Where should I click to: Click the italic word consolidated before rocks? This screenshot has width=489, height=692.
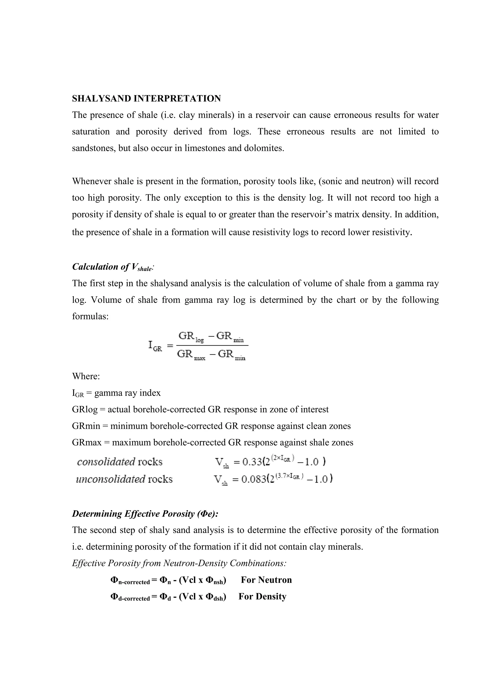[106, 462]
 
